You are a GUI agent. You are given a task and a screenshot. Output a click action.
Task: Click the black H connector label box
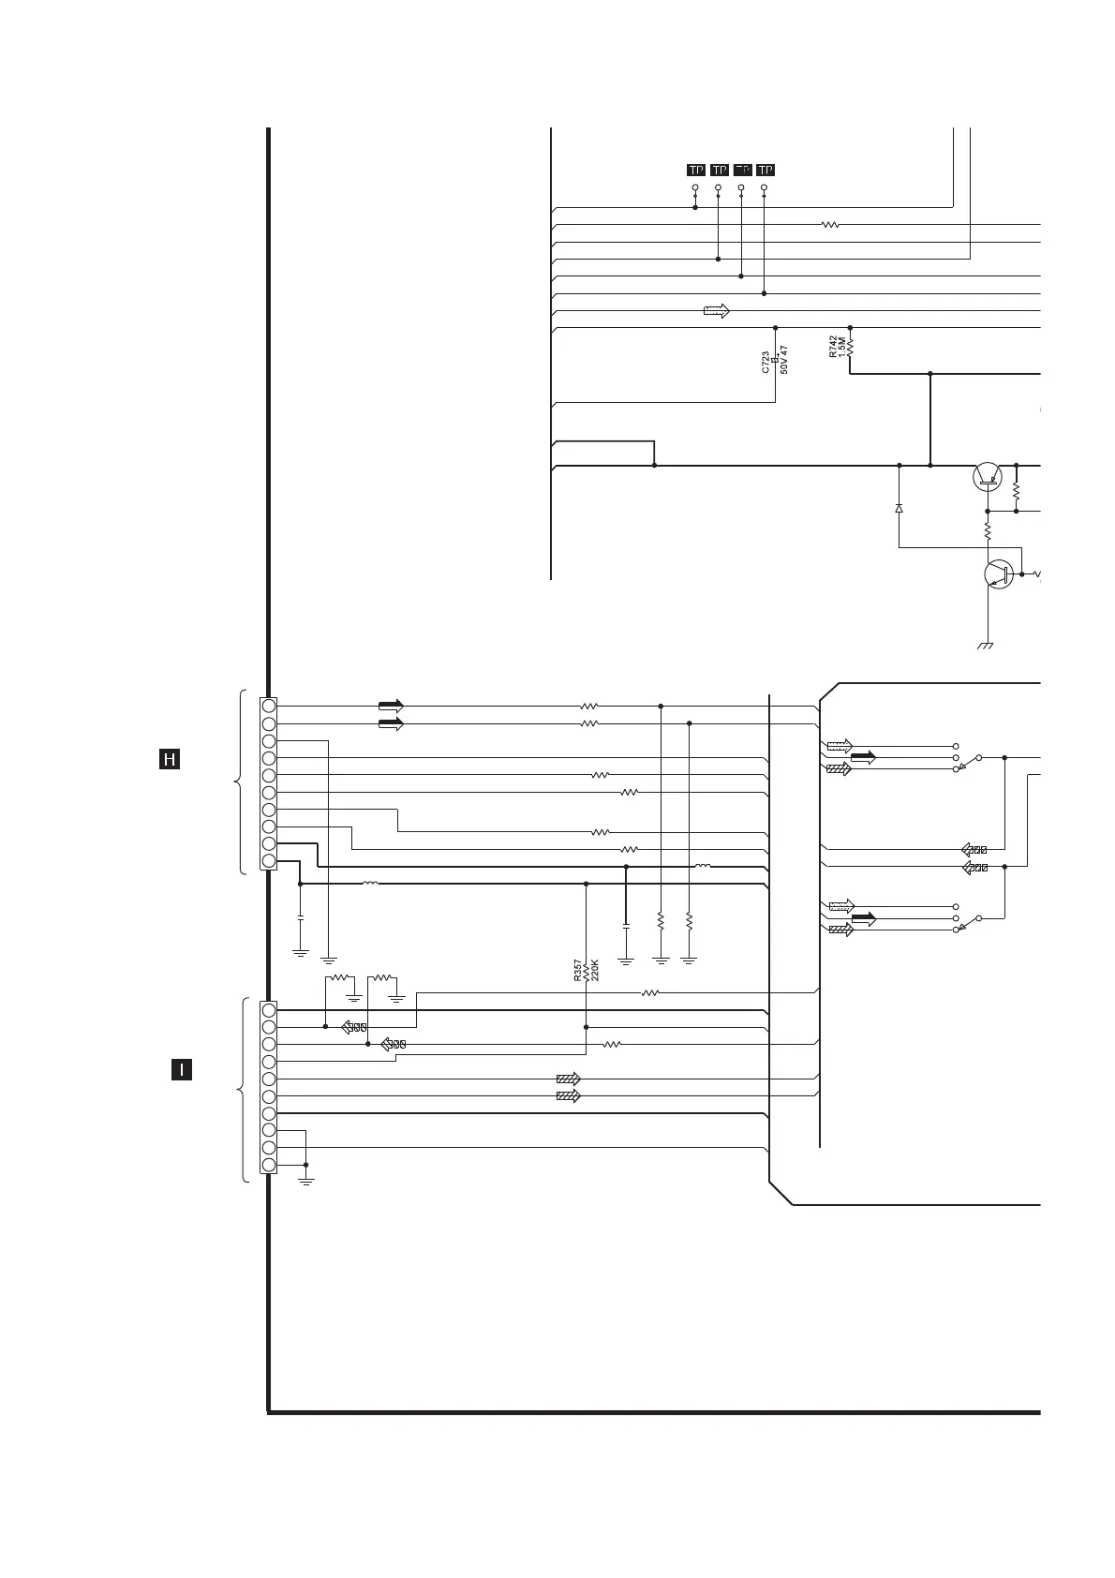[x=169, y=759]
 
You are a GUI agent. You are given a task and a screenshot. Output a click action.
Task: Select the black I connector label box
[x=182, y=1069]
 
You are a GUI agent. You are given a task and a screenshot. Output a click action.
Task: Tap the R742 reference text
[x=833, y=348]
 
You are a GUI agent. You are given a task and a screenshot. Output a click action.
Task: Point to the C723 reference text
[x=766, y=363]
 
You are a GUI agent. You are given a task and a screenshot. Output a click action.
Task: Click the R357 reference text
[x=578, y=971]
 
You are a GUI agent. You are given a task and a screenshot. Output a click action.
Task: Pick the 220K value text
[x=595, y=970]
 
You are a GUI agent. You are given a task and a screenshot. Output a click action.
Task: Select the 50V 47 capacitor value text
[x=785, y=360]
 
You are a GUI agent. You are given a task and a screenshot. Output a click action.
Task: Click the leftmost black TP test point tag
[x=695, y=170]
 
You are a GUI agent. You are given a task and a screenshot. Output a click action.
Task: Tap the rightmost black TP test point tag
[x=766, y=170]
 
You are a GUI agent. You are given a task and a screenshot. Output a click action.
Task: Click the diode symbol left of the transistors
[x=899, y=508]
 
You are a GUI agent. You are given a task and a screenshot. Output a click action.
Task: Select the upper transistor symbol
[x=987, y=476]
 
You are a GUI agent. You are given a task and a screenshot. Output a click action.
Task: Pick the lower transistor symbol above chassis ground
[x=999, y=574]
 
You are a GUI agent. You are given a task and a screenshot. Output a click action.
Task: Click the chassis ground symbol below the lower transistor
[x=986, y=646]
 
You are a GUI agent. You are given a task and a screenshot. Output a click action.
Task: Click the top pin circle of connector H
[x=269, y=706]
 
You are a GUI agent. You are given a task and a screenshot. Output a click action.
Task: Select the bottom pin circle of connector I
[x=269, y=1165]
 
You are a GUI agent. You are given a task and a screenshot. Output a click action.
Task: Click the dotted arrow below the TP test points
[x=716, y=311]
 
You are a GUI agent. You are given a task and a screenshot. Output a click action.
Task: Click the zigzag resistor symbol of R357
[x=586, y=975]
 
